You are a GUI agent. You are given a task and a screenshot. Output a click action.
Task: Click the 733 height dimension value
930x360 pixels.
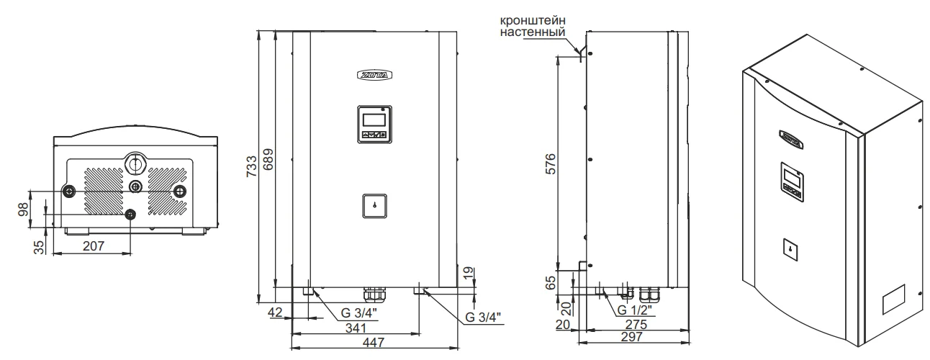(x=252, y=166)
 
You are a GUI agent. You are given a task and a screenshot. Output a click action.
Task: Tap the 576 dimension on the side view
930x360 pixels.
(x=550, y=164)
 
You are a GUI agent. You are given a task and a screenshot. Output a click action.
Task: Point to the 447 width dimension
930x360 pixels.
(x=374, y=343)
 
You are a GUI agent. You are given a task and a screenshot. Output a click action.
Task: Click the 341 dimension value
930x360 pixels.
(x=356, y=328)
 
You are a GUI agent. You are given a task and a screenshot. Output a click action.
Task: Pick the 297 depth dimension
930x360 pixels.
(x=632, y=337)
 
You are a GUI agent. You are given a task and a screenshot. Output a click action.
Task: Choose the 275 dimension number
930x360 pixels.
(x=636, y=324)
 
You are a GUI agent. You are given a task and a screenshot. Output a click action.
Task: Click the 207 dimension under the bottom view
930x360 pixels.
(x=94, y=246)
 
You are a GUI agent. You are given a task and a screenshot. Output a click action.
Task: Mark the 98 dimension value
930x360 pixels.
(x=23, y=210)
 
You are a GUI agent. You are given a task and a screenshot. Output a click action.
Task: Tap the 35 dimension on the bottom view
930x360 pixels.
(x=39, y=248)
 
